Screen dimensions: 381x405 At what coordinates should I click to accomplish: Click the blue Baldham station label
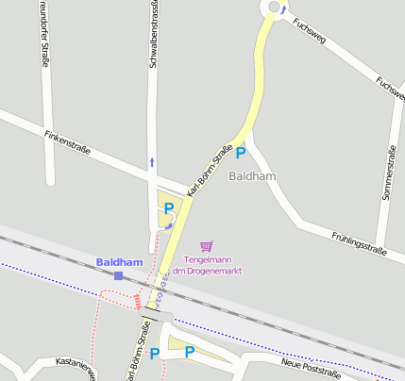click(x=119, y=261)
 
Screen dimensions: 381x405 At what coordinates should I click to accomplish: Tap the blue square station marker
click(x=119, y=275)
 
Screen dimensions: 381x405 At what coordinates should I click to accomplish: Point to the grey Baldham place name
click(x=252, y=176)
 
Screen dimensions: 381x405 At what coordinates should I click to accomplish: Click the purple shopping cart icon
click(x=207, y=245)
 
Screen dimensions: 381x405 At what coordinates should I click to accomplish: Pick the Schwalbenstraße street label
click(x=153, y=34)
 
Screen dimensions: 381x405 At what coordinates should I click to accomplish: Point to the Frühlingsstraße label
click(x=360, y=243)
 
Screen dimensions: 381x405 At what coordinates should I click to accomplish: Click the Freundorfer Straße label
click(x=44, y=34)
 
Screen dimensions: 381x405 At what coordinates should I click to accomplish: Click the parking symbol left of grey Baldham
click(x=240, y=152)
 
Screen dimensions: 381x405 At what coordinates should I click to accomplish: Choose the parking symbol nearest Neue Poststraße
click(x=190, y=353)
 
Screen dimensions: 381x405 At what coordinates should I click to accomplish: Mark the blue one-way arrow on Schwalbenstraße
click(x=151, y=162)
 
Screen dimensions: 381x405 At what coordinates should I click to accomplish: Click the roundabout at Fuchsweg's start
click(x=275, y=8)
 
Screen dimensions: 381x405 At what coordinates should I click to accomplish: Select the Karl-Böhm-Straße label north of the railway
click(x=210, y=170)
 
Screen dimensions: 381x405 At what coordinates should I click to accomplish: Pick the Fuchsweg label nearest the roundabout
click(x=310, y=33)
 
